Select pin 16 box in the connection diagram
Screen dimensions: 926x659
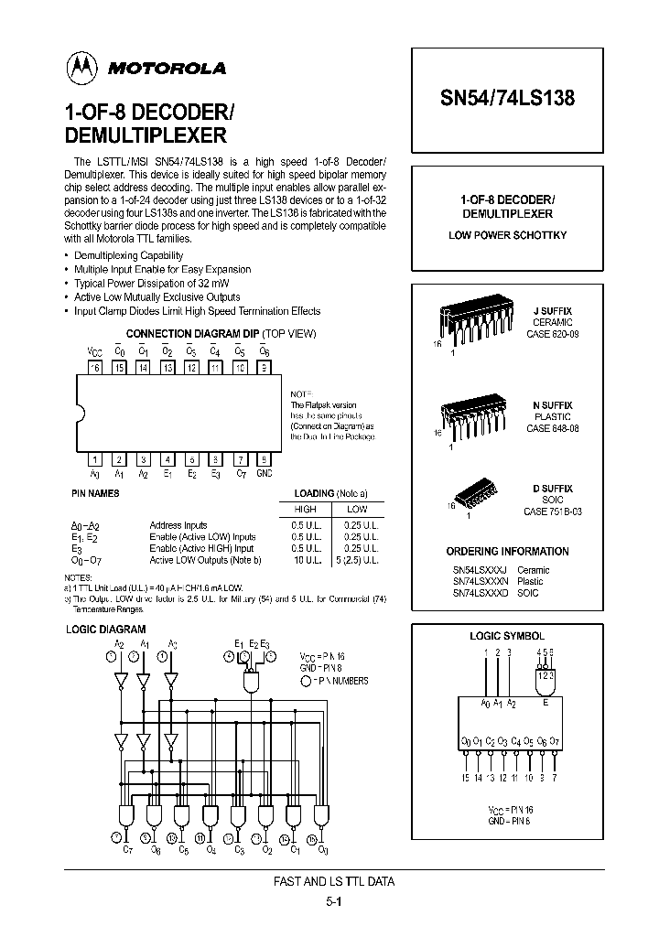coord(94,367)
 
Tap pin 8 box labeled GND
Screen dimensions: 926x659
coord(264,460)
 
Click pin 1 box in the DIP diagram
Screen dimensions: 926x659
coord(94,460)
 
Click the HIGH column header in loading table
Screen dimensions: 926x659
coord(305,509)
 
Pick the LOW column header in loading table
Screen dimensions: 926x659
coord(358,509)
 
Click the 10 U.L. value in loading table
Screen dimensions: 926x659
coord(305,559)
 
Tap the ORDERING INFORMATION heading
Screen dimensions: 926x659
coord(507,552)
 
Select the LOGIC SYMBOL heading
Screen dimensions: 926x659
coord(507,635)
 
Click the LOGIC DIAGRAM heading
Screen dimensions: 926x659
coord(106,630)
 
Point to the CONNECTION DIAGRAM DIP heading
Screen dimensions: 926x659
coord(193,334)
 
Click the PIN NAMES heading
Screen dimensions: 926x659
coord(95,493)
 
